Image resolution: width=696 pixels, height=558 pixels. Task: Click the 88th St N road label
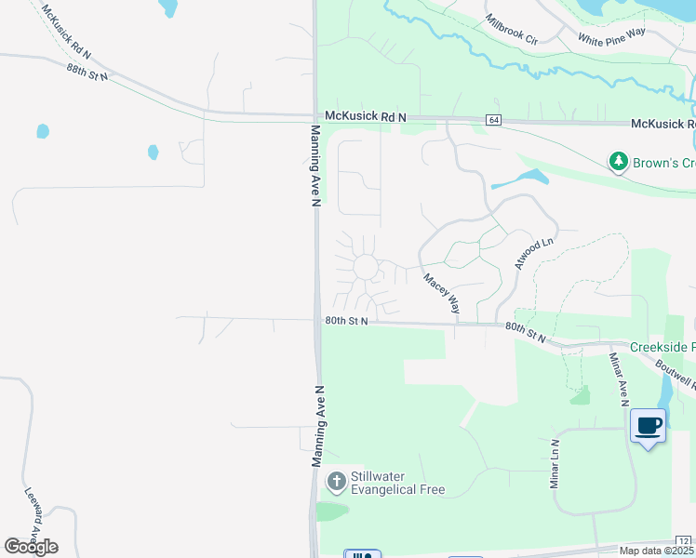87,73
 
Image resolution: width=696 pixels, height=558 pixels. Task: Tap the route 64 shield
493,120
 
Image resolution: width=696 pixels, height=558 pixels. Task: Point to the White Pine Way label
611,36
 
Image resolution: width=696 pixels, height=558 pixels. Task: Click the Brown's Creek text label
663,163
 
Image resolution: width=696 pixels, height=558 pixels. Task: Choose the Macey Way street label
442,292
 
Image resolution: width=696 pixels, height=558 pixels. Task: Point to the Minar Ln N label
554,464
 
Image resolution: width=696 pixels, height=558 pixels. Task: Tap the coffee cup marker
649,426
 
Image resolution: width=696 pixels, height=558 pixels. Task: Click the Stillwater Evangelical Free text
397,483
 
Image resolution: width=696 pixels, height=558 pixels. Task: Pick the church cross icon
336,482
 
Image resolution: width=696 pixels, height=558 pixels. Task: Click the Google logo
32,546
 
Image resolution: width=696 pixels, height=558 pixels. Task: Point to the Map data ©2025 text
655,551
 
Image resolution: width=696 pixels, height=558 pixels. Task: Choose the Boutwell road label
676,378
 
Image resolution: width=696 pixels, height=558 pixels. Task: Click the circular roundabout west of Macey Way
366,268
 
